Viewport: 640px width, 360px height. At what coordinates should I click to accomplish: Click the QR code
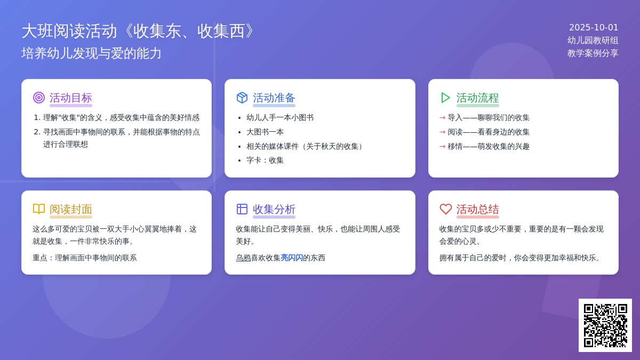point(605,325)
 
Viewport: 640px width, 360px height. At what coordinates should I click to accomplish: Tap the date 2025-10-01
point(594,27)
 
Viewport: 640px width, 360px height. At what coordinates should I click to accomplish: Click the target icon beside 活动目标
point(39,98)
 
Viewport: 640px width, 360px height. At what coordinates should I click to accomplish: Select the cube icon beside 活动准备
point(242,98)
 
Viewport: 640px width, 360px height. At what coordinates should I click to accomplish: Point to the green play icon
point(445,98)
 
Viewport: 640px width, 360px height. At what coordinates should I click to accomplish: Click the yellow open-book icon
point(39,209)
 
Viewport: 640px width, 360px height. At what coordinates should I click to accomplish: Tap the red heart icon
point(445,209)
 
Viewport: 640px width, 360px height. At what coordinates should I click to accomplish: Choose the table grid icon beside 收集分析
point(242,209)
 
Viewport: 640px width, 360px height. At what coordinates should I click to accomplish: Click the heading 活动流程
point(477,98)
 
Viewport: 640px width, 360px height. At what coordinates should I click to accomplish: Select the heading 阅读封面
point(71,210)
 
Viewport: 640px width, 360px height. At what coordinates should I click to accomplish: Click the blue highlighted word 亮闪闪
point(292,258)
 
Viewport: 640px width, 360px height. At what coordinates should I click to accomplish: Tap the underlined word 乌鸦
point(243,258)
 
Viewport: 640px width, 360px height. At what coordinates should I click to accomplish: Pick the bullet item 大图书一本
point(265,132)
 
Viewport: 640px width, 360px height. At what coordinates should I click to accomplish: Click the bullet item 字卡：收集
point(265,161)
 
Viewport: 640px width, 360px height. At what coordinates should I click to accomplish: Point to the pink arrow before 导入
point(442,117)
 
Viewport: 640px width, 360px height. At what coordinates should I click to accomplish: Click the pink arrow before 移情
point(442,146)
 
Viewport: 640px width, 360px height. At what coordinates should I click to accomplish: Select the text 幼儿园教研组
point(593,41)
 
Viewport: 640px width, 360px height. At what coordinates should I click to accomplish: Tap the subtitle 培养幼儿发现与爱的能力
point(91,53)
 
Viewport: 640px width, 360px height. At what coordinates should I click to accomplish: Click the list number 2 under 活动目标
point(37,132)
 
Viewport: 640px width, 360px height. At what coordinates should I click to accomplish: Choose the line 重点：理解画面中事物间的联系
point(85,258)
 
